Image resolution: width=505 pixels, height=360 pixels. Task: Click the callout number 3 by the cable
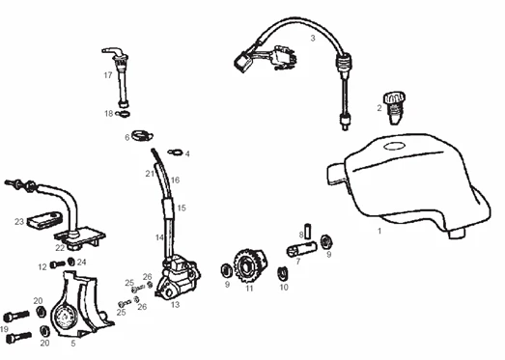point(313,39)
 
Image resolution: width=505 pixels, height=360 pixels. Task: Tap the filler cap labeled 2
point(394,108)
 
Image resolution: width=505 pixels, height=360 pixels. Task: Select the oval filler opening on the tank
point(394,146)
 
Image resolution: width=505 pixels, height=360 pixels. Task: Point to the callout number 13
point(175,305)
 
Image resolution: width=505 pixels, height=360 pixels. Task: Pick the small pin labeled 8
point(307,231)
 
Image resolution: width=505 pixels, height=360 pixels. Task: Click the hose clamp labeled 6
point(142,135)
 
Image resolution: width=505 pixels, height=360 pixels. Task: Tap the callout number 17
point(108,75)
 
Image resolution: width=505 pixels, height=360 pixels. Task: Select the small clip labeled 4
point(176,152)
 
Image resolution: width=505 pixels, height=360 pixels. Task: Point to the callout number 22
point(60,248)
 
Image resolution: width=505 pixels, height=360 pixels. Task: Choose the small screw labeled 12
point(58,264)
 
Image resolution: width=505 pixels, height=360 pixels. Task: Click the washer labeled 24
point(71,262)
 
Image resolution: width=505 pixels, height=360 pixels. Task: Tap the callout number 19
point(4,329)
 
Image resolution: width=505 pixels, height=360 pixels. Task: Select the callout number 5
point(73,344)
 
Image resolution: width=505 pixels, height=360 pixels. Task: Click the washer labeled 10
point(283,273)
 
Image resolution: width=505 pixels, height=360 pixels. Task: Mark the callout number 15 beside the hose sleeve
point(182,208)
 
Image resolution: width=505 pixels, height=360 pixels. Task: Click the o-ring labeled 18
point(124,113)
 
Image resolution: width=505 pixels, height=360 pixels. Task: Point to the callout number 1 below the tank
point(379,231)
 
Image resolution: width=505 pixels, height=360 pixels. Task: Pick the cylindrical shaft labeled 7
point(301,249)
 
